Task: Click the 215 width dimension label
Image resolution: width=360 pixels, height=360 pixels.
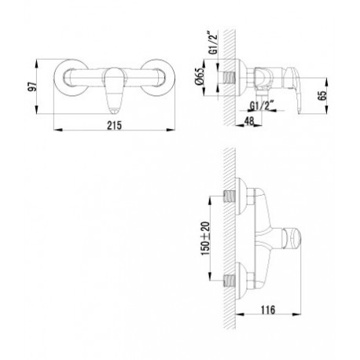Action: pyautogui.click(x=114, y=125)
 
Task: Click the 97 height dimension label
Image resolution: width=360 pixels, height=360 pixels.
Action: pyautogui.click(x=32, y=86)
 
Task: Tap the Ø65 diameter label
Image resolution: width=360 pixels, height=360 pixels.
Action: pyautogui.click(x=200, y=76)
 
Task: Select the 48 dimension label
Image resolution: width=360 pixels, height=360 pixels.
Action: pyautogui.click(x=249, y=121)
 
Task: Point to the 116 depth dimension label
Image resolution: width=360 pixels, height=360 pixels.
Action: pyautogui.click(x=268, y=310)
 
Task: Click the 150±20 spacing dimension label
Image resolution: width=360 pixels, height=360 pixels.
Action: pyautogui.click(x=205, y=239)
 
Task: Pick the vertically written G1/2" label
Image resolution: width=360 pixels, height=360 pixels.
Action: pyautogui.click(x=213, y=42)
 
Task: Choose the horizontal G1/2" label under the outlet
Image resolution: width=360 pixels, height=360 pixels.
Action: pyautogui.click(x=262, y=106)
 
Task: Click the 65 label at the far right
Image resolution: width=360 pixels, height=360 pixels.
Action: pyautogui.click(x=322, y=95)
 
